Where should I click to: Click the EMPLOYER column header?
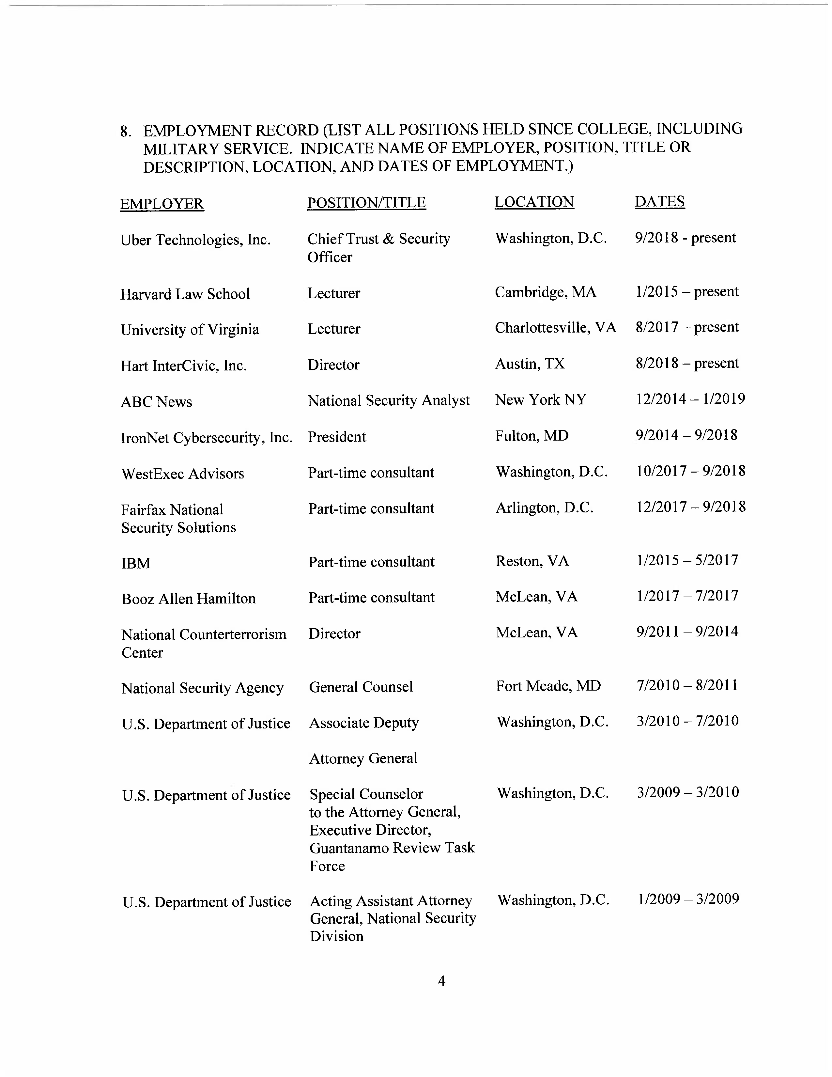(162, 204)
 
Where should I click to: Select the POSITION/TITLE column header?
(366, 203)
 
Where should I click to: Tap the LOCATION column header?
(534, 202)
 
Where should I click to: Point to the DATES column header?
(659, 201)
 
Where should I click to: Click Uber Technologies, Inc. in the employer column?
(195, 240)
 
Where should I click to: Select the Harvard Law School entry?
(185, 294)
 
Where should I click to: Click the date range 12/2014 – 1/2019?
(690, 399)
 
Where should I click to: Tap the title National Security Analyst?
(388, 400)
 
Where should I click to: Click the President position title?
(337, 437)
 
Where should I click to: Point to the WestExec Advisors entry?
(182, 474)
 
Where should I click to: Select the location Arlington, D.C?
(544, 508)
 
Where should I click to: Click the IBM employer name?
(135, 563)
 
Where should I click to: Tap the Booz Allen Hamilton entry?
(188, 599)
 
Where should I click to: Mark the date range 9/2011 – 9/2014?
(687, 632)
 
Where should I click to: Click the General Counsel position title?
(361, 687)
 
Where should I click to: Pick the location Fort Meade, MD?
(548, 686)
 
